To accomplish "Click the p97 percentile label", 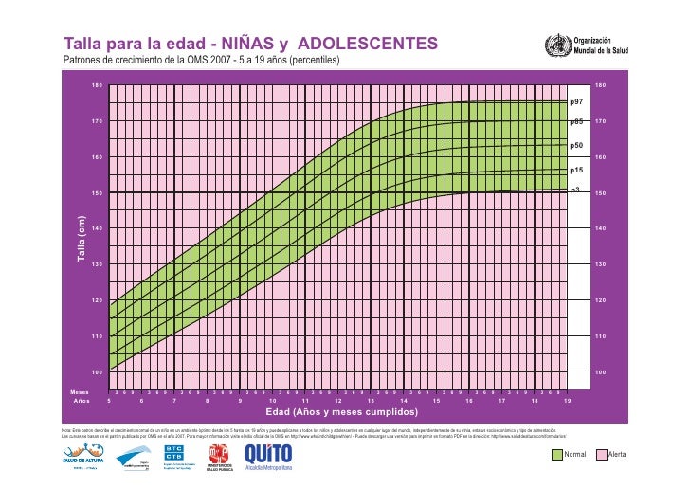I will pyautogui.click(x=576, y=99).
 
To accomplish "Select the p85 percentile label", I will pyautogui.click(x=576, y=121).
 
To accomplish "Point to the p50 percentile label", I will pyautogui.click(x=576, y=147).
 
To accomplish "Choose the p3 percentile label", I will pyautogui.click(x=574, y=190).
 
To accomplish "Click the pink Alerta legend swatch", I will pyautogui.click(x=600, y=455).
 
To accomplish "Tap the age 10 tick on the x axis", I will pyautogui.click(x=272, y=401).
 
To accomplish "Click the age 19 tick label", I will pyautogui.click(x=567, y=401).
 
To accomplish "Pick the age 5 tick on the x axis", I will pyautogui.click(x=109, y=401).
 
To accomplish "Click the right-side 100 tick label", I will pyautogui.click(x=599, y=372).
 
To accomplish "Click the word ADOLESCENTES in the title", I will pyautogui.click(x=368, y=44).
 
